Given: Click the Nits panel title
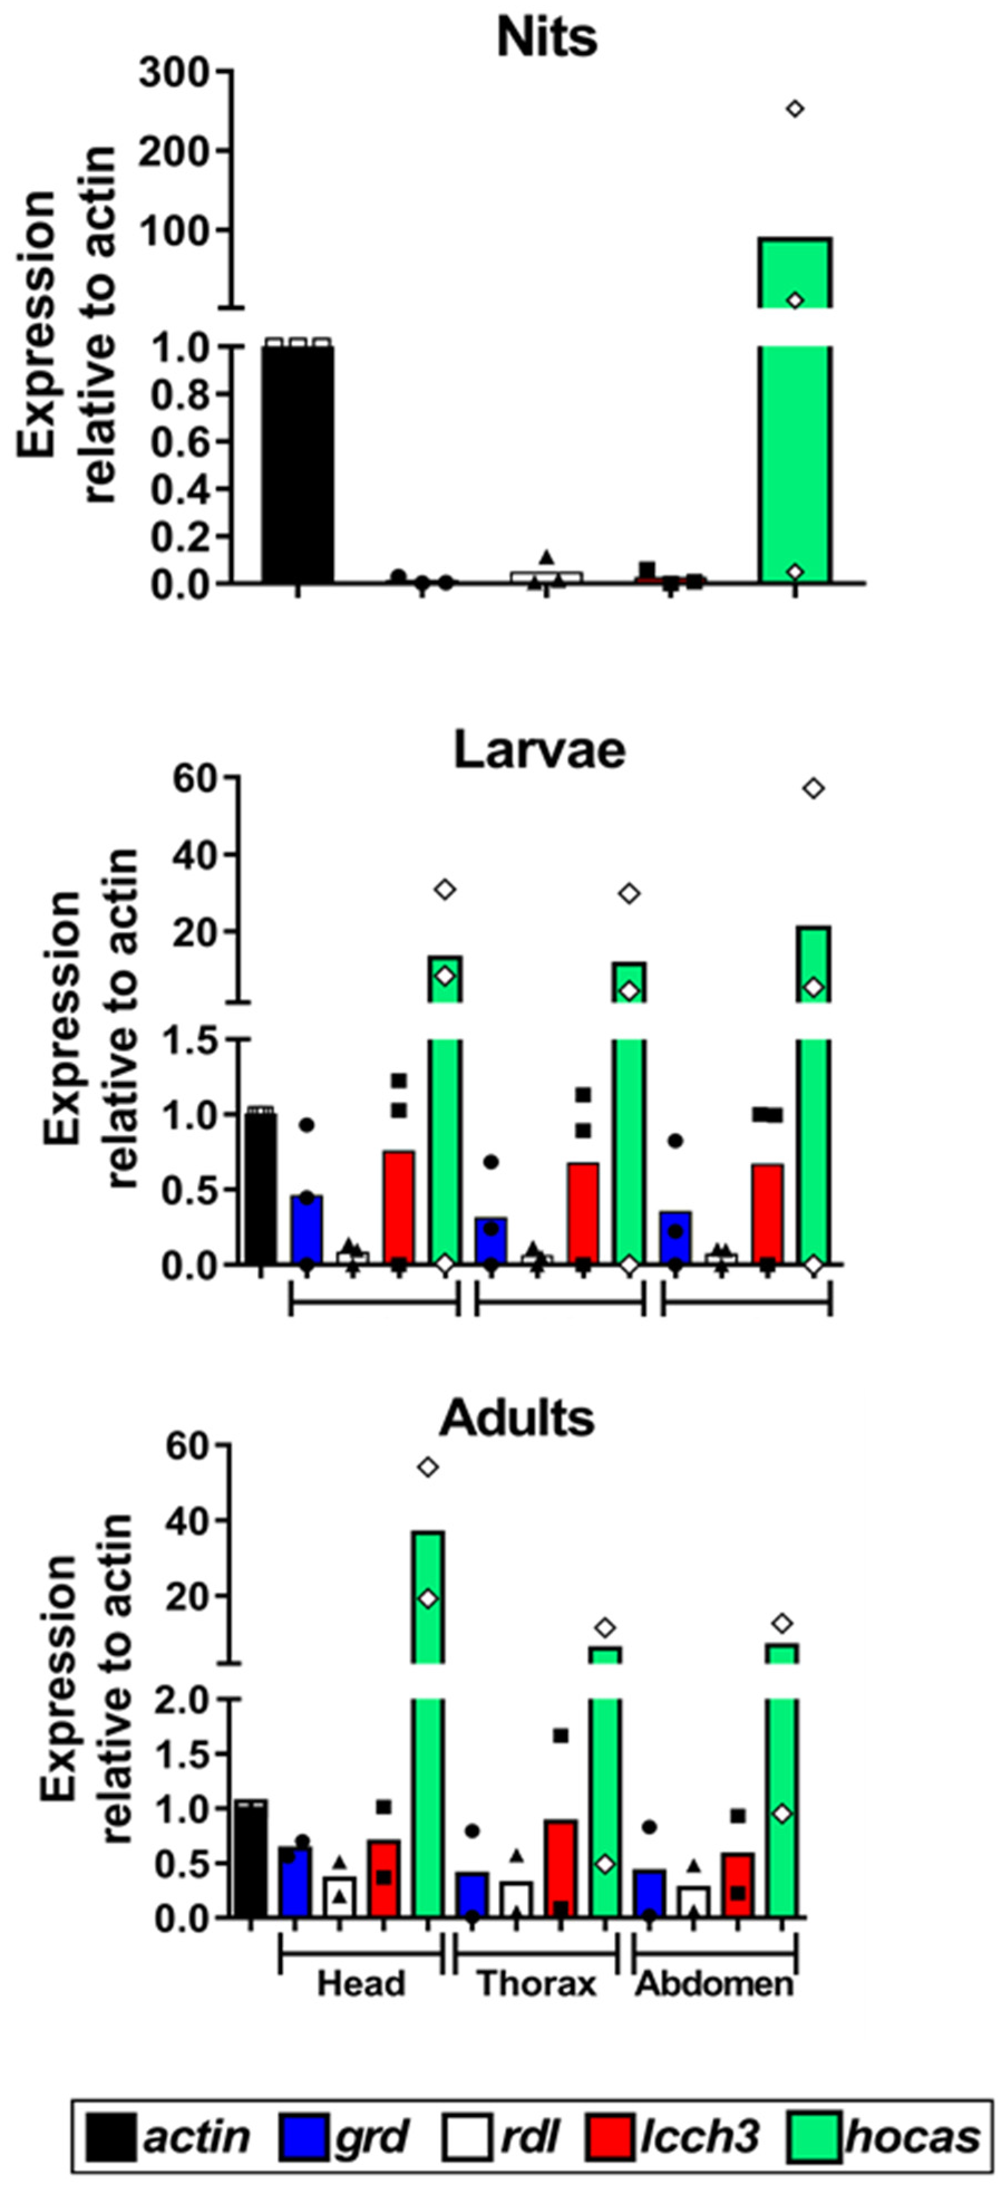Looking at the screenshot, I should (547, 37).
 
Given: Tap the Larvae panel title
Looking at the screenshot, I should (540, 750).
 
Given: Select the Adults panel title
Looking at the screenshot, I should (517, 1417).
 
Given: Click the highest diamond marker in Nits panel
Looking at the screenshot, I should (794, 109).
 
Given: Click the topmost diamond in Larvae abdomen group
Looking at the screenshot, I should (814, 789).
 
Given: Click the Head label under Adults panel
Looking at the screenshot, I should (361, 1984).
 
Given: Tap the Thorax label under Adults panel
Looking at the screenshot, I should (537, 1984).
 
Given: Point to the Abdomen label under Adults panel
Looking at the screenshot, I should (714, 1984).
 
